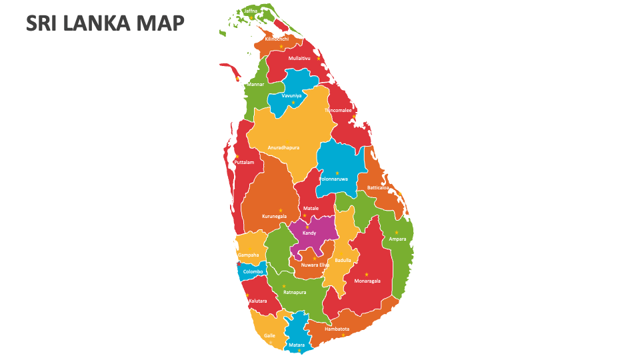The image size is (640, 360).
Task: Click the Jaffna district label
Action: (x=251, y=11)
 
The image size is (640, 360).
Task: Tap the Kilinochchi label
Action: (x=277, y=39)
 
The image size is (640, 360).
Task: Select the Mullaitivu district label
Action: (x=299, y=58)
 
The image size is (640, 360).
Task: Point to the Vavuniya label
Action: (x=291, y=95)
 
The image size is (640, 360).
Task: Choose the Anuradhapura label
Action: (x=283, y=147)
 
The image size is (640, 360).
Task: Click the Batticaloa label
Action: (x=377, y=187)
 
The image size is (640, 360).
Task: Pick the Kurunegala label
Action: (x=274, y=216)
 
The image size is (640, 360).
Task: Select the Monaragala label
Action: (x=367, y=281)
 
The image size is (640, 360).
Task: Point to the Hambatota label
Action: (x=337, y=329)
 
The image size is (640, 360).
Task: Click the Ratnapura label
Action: (x=294, y=292)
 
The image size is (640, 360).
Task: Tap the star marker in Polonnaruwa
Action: (x=337, y=173)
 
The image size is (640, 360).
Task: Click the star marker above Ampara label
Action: (x=396, y=233)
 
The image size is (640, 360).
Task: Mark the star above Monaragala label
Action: (x=366, y=275)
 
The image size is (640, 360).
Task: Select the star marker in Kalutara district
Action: (x=247, y=295)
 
